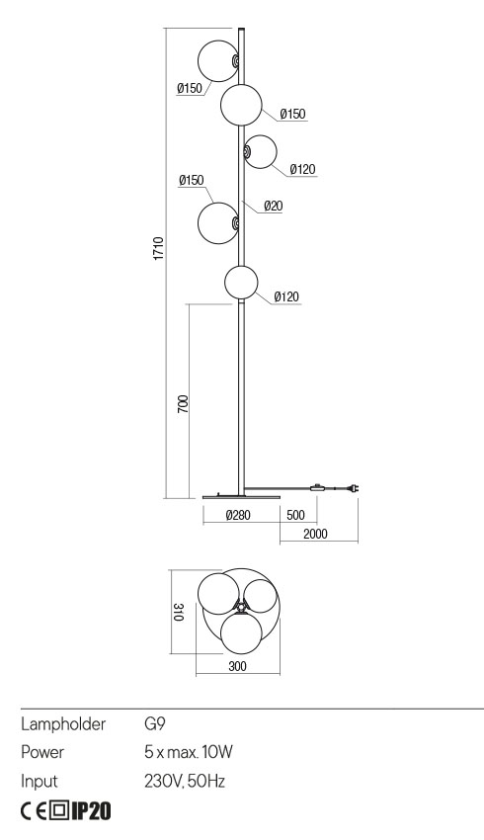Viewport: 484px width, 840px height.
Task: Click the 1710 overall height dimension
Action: coord(158,250)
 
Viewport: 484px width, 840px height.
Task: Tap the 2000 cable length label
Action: coord(317,534)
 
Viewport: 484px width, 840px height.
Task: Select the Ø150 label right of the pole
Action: coord(292,115)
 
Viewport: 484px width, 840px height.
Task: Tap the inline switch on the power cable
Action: coord(317,487)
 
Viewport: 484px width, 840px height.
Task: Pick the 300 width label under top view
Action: coord(237,667)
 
